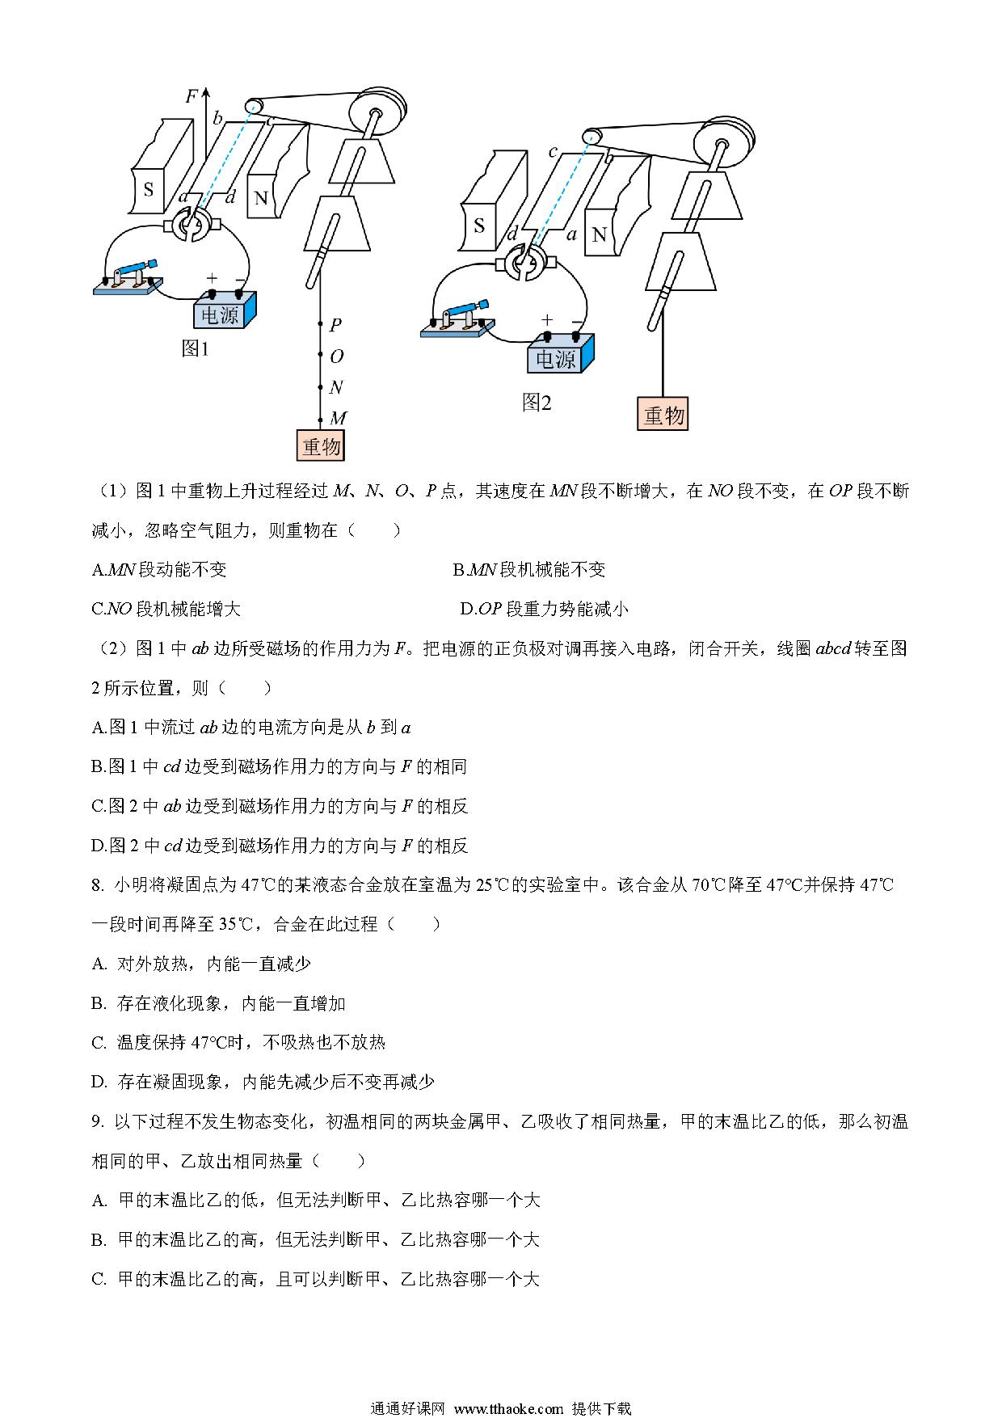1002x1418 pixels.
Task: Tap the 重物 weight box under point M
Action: click(322, 445)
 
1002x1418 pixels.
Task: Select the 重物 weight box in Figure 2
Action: click(663, 415)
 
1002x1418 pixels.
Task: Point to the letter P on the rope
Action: click(335, 324)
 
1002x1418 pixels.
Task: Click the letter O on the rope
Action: click(336, 356)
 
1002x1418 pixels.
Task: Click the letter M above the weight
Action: click(339, 417)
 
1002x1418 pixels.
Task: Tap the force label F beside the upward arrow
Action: click(192, 97)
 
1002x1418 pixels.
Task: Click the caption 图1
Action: click(196, 349)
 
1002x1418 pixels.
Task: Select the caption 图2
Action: click(537, 402)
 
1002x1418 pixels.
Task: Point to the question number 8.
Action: click(97, 885)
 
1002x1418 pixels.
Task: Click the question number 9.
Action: click(97, 1121)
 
